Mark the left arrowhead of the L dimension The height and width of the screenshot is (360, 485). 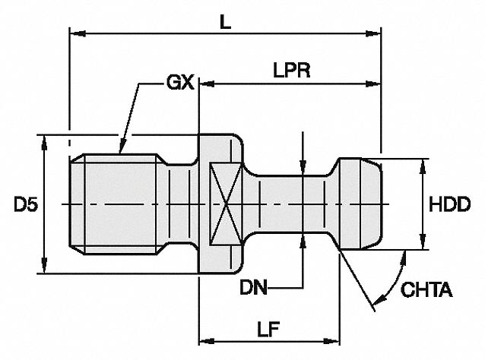75,33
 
